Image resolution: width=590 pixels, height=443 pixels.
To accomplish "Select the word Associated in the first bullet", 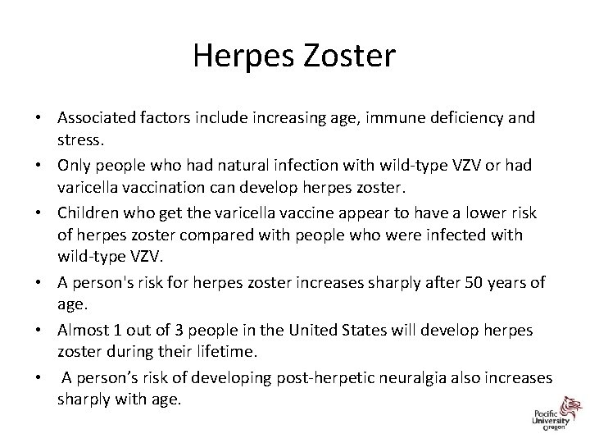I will click(94, 117).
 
